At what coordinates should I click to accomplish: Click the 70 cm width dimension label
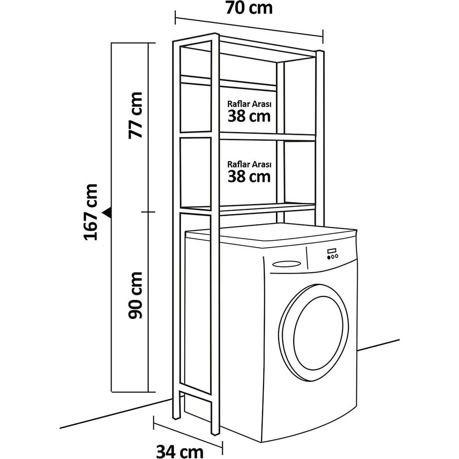[249, 8]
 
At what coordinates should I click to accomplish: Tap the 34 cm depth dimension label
[180, 451]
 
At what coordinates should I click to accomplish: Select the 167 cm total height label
[90, 212]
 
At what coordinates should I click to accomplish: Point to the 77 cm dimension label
[135, 115]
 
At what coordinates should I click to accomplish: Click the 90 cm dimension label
[135, 295]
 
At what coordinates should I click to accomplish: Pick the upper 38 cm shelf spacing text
[249, 116]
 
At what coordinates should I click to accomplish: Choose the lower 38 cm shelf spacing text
[249, 177]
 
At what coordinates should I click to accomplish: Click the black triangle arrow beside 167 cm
[107, 212]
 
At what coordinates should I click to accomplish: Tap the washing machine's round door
[313, 332]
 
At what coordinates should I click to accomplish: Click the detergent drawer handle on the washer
[286, 264]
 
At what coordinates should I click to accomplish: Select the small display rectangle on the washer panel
[332, 251]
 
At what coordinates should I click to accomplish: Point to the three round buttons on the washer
[333, 257]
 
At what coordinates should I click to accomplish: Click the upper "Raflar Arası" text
[249, 104]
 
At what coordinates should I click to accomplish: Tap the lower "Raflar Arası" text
[249, 164]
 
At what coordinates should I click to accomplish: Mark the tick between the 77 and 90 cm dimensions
[148, 212]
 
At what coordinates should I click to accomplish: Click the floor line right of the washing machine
[379, 345]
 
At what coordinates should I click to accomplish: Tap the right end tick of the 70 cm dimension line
[323, 36]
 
